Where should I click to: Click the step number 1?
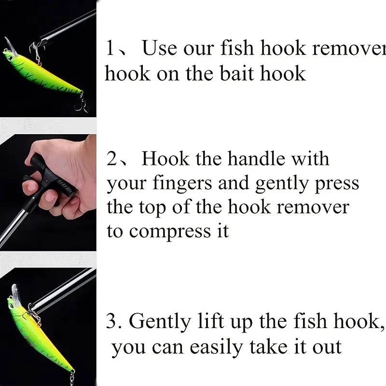pos(111,49)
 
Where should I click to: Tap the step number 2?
pos(112,159)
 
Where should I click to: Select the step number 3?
pos(112,321)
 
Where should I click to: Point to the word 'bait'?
pos(236,74)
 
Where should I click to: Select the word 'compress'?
pos(164,232)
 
